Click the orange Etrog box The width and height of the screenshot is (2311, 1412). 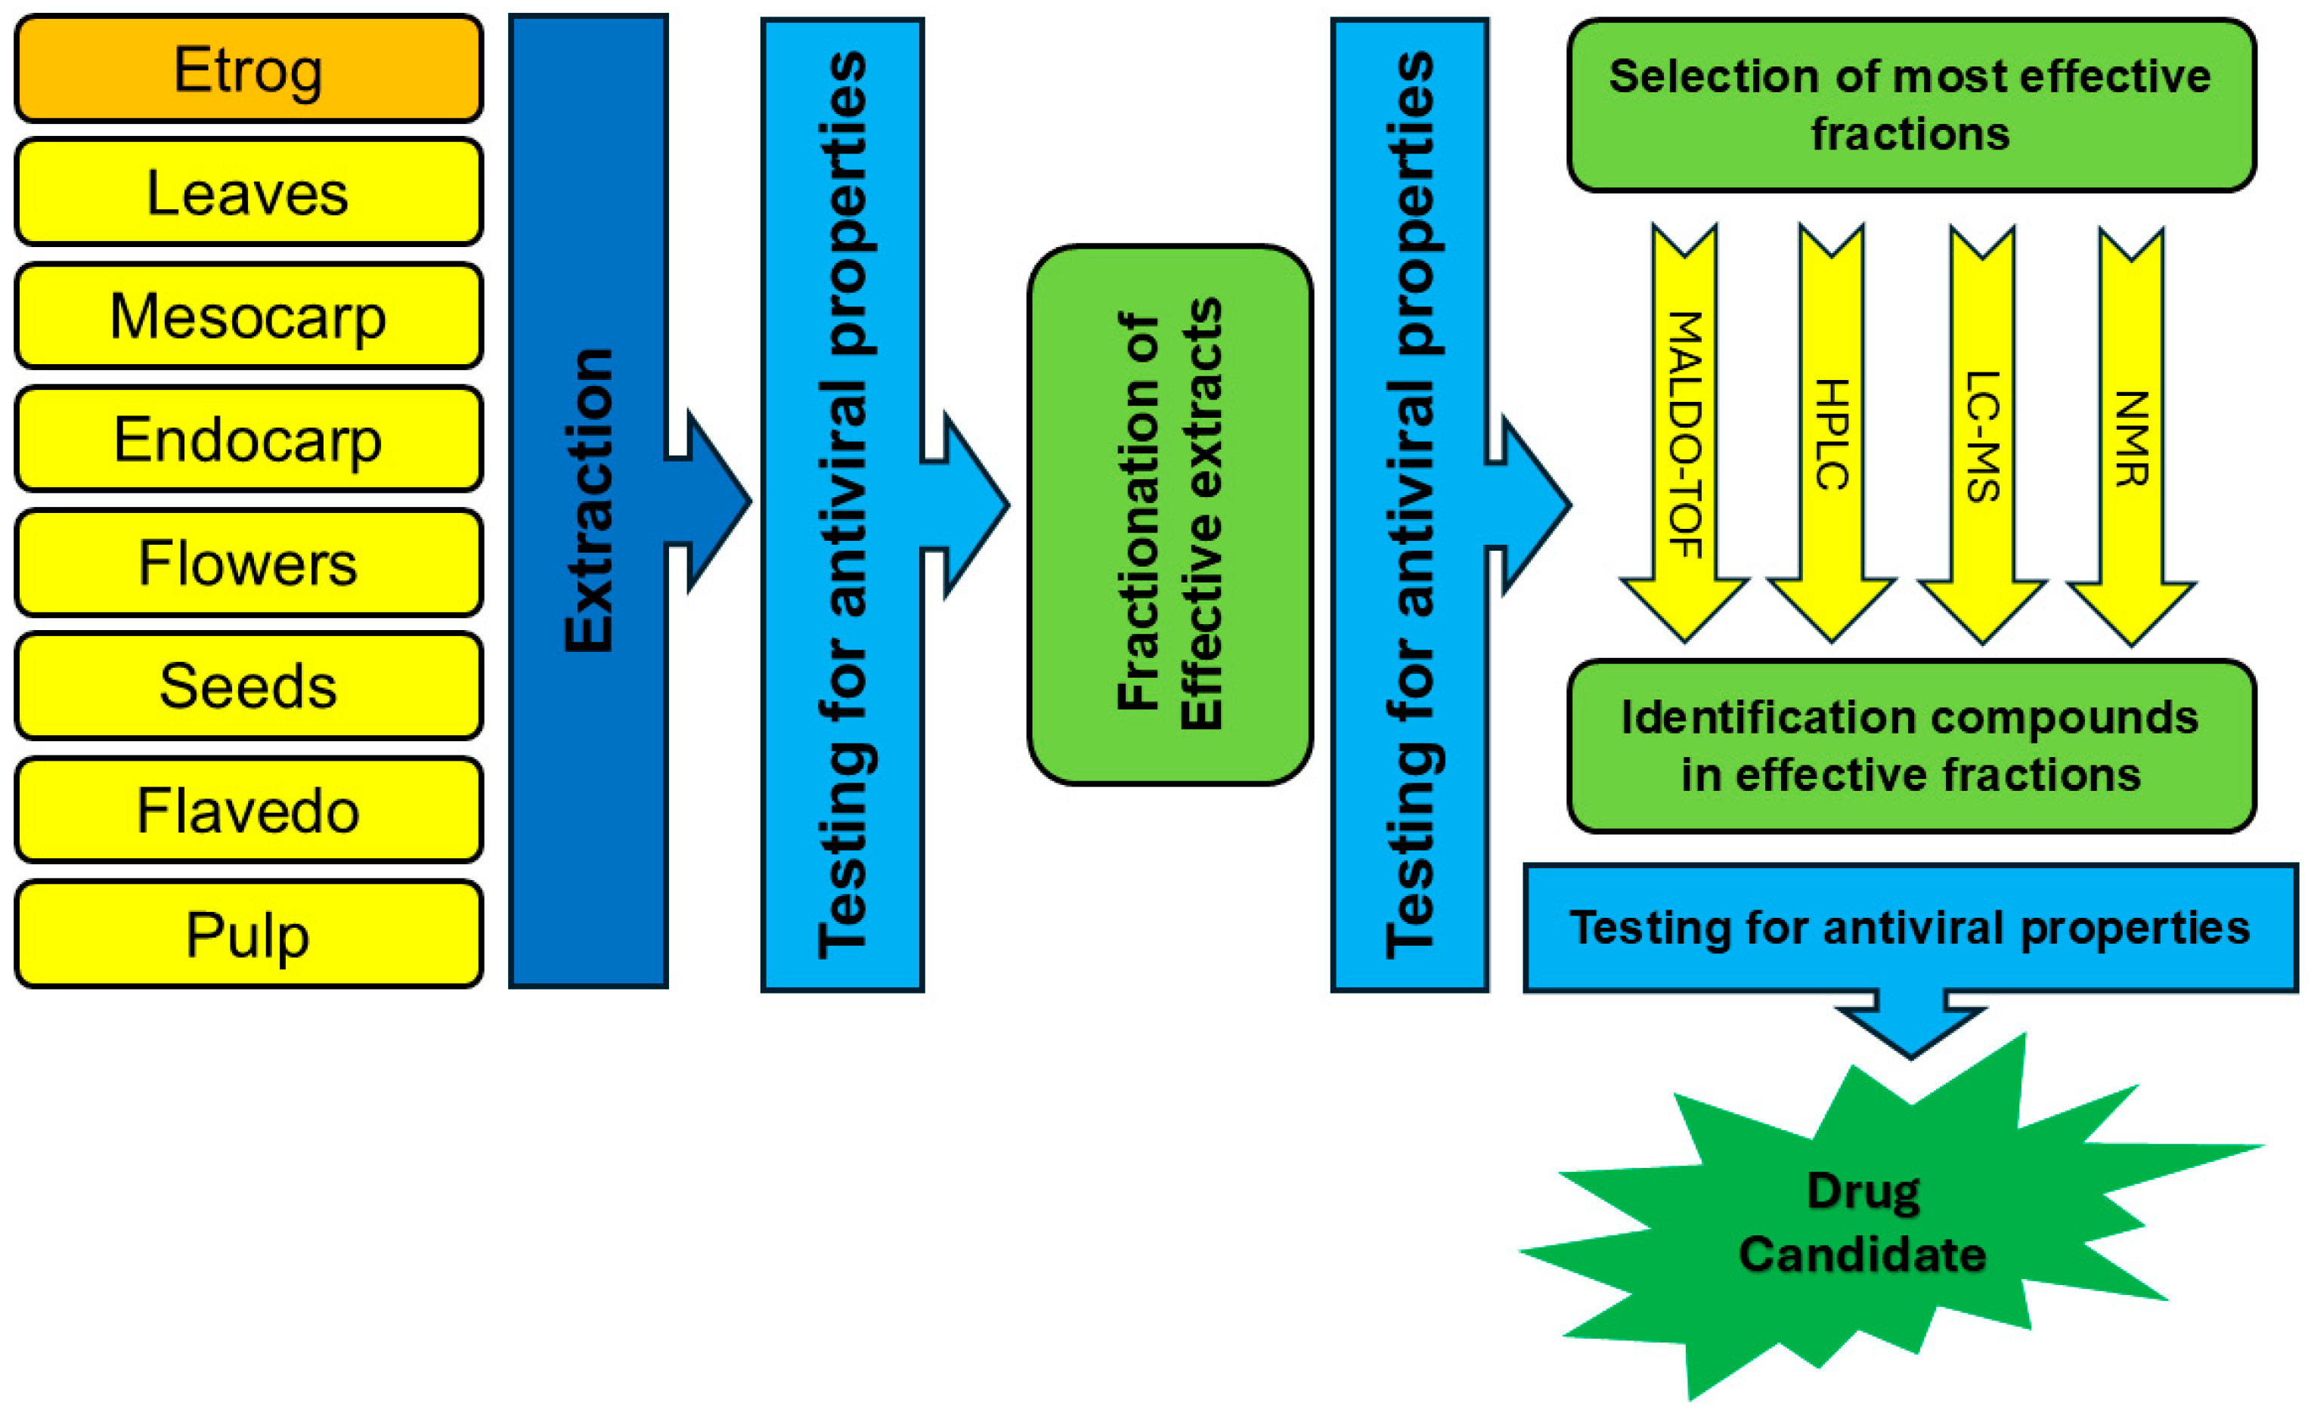pos(249,70)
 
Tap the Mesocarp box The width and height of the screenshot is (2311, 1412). pos(249,317)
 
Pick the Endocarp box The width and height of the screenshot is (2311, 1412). pos(249,440)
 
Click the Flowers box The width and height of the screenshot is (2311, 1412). pos(249,564)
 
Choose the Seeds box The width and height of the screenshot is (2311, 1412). pos(249,686)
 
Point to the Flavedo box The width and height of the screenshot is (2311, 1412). pos(249,811)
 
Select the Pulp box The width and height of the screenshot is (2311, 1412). pos(249,935)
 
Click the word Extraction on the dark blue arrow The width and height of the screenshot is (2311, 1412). pos(588,502)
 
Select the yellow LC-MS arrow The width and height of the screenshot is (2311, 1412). pos(1982,436)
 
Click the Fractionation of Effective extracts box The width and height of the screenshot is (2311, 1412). pos(1169,514)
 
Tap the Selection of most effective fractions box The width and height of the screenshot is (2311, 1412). pos(1910,105)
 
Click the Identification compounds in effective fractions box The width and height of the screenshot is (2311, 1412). pos(1910,746)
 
